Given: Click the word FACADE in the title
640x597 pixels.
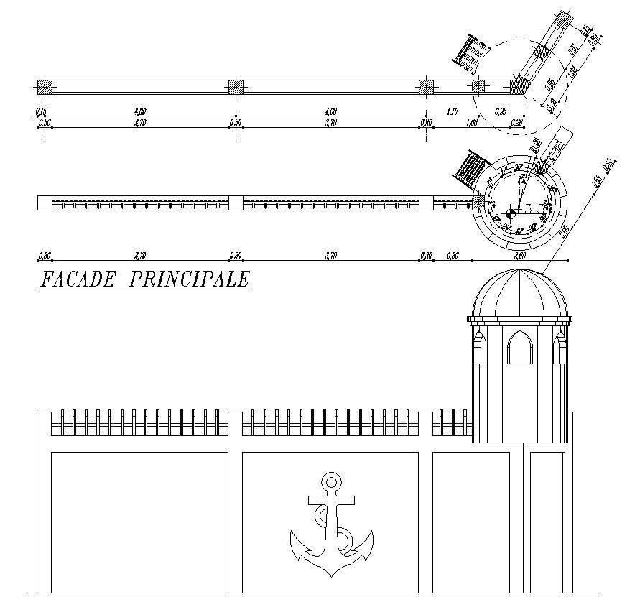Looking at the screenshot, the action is pyautogui.click(x=77, y=279).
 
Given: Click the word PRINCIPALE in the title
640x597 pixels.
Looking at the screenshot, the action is pyautogui.click(x=189, y=279).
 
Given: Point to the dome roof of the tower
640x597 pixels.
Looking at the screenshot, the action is pyautogui.click(x=521, y=295).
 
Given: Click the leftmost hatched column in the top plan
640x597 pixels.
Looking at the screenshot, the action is pyautogui.click(x=45, y=87).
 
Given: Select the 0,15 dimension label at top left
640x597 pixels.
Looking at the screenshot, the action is pyautogui.click(x=40, y=111).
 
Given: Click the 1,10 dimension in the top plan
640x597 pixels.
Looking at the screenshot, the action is pyautogui.click(x=452, y=111).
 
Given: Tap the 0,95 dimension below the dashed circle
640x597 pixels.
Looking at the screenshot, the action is pyautogui.click(x=500, y=111).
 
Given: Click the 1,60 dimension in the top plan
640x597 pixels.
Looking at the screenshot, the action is pyautogui.click(x=452, y=124).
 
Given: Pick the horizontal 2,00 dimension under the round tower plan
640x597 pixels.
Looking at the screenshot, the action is pyautogui.click(x=519, y=256).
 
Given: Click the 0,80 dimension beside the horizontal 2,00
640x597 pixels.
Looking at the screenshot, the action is pyautogui.click(x=452, y=256).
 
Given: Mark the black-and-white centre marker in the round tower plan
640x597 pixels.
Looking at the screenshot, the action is pyautogui.click(x=511, y=212).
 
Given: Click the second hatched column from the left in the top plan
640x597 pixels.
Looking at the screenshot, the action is pyautogui.click(x=236, y=87).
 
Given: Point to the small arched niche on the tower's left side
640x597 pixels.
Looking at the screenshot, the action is pyautogui.click(x=478, y=349).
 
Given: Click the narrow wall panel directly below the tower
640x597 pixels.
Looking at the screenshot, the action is pyautogui.click(x=547, y=521).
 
